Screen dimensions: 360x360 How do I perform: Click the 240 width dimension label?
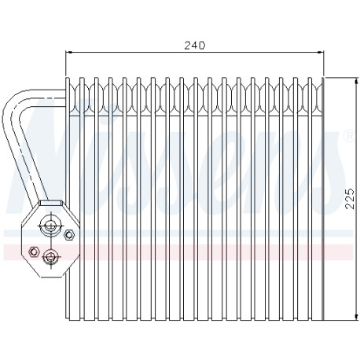tap(195, 46)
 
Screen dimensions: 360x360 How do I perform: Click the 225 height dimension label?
tap(350, 198)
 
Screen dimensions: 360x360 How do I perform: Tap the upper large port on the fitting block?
tap(50, 225)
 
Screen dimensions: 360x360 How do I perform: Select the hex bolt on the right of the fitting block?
tap(69, 234)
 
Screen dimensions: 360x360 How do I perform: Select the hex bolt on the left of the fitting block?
tap(34, 252)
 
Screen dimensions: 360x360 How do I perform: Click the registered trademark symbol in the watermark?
tap(349, 136)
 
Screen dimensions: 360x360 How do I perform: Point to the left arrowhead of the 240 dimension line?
tap(68, 53)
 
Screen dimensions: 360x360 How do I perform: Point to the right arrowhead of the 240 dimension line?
tap(321, 53)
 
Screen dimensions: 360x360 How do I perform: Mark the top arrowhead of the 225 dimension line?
tap(356, 81)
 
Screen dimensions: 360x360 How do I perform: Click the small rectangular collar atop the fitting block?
tap(51, 203)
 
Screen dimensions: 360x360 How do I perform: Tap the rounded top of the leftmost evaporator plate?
tap(68, 79)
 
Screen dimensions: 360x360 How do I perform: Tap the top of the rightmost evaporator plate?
tap(323, 78)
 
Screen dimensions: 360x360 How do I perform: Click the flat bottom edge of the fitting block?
tap(52, 277)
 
